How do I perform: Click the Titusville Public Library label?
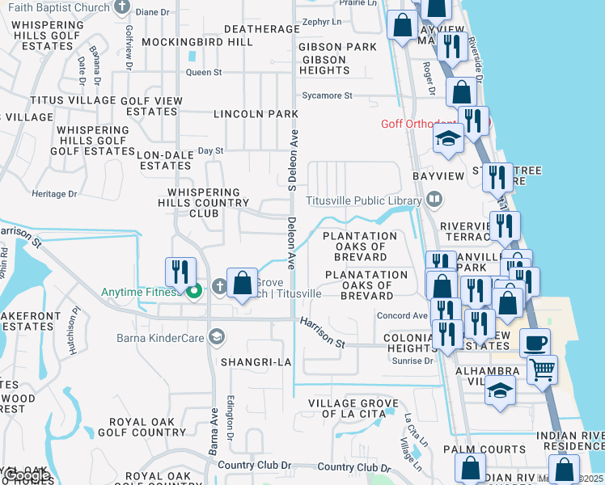point(363,201)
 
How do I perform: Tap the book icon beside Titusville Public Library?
point(434,200)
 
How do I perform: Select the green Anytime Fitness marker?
point(192,292)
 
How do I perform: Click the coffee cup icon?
point(534,342)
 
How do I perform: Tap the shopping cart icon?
point(542,370)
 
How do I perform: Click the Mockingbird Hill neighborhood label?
point(197,41)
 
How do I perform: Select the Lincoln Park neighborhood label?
point(256,115)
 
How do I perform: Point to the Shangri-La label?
point(256,362)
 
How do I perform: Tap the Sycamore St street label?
point(326,95)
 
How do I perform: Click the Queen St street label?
point(203,73)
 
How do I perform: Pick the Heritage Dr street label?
point(54,194)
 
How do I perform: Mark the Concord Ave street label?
point(402,316)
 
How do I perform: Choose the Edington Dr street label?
point(230,419)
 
